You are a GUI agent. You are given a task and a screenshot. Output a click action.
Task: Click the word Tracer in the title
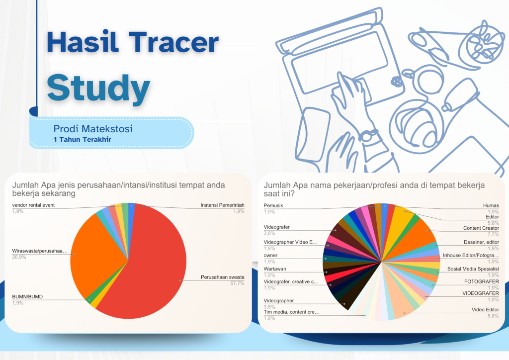[x=173, y=42]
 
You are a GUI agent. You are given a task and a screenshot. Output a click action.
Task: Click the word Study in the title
[x=98, y=88]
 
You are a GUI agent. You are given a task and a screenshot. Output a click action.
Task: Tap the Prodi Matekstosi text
[x=93, y=129]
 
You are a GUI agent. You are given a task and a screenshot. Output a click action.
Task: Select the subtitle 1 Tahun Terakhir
[x=82, y=140]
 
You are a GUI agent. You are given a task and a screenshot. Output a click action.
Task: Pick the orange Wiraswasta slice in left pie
[x=97, y=253]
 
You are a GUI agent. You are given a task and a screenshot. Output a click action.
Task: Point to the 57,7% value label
[x=237, y=283]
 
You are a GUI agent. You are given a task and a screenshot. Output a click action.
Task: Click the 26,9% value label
[x=19, y=257]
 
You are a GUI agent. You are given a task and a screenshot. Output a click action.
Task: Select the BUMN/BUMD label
[x=27, y=297]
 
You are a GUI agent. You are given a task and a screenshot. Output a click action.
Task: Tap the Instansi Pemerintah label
[x=222, y=205]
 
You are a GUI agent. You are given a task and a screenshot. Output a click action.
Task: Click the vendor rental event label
[x=33, y=205]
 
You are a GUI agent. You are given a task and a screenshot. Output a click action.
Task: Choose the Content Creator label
[x=481, y=228]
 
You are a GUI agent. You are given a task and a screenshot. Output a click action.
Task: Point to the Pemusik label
[x=273, y=205]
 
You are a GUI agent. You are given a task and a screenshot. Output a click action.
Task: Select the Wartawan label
[x=275, y=269]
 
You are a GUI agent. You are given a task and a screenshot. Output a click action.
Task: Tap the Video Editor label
[x=485, y=310]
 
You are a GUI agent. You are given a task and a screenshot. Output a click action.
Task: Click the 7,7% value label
[x=493, y=234]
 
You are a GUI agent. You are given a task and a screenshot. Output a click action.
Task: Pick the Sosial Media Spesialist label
[x=473, y=269]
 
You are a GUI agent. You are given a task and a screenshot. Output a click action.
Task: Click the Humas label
[x=491, y=205]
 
